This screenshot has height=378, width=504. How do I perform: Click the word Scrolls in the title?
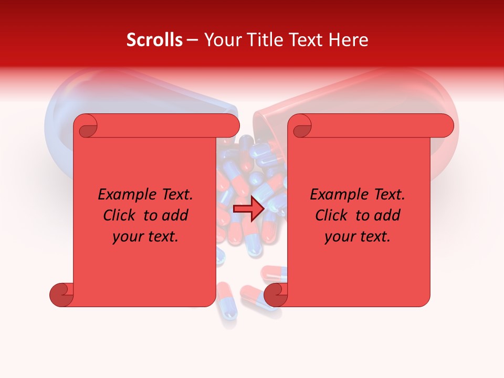click(154, 40)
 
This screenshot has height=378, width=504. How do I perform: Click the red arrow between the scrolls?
click(248, 209)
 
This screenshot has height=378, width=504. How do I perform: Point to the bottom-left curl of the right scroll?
click(276, 295)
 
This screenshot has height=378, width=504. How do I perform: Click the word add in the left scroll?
click(175, 215)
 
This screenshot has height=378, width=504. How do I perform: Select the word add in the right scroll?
click(387, 215)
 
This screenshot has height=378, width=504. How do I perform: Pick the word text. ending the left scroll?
click(161, 237)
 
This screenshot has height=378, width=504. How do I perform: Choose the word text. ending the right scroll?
click(373, 237)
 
